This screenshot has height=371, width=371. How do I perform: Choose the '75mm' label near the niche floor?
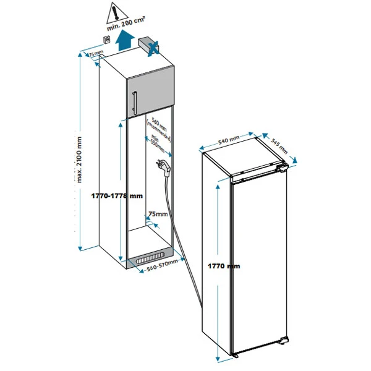[x=158, y=214]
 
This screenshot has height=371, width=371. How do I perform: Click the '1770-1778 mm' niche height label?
[x=116, y=195]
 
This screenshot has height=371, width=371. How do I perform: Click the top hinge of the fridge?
[x=282, y=167]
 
